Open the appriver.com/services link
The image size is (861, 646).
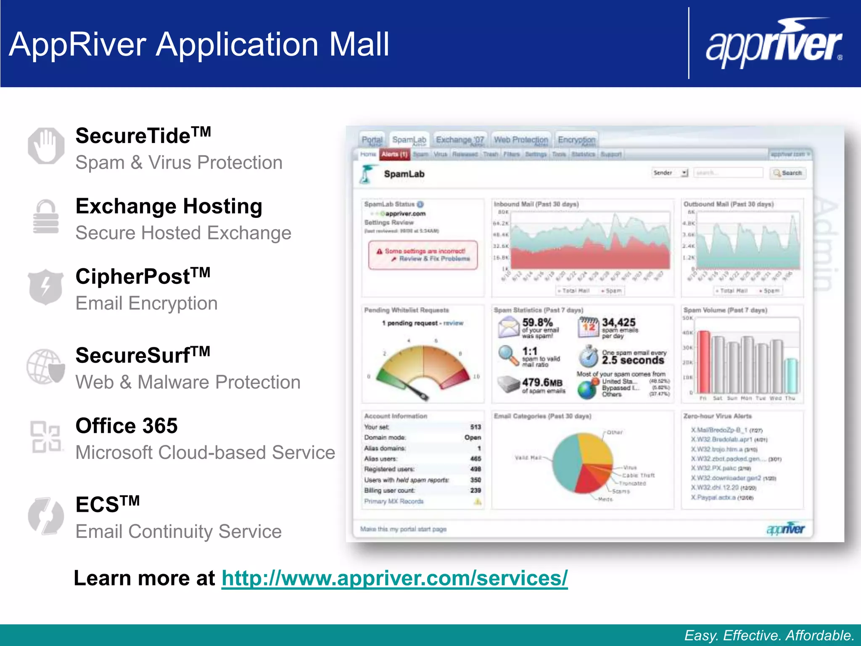tap(394, 578)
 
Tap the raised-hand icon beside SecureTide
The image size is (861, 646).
tap(46, 146)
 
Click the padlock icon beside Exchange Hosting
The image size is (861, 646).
tap(46, 217)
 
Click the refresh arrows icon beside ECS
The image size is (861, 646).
tap(46, 516)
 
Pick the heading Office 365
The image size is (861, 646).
tap(127, 426)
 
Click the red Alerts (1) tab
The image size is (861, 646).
tap(394, 154)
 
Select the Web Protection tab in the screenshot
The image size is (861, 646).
tap(521, 140)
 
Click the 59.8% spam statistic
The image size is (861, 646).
tap(537, 323)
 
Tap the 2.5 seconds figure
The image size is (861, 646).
tap(633, 360)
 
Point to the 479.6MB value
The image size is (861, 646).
tap(542, 382)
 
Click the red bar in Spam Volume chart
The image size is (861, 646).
tap(704, 362)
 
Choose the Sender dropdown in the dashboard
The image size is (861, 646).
tap(670, 173)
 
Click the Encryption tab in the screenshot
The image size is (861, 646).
tap(576, 140)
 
